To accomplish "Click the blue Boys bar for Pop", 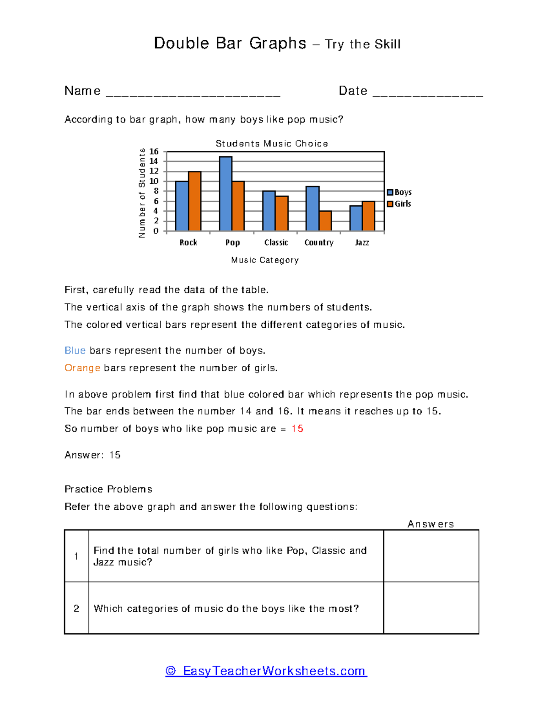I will point(226,194).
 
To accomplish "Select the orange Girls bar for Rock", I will point(194,202).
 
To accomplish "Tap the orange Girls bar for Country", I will point(325,221).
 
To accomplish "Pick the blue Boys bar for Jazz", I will point(355,219).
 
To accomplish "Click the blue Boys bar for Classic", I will point(269,211).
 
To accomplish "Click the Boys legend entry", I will point(399,192).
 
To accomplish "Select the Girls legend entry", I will point(399,204).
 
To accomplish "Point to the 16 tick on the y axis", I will point(154,151).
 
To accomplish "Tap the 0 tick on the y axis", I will point(156,231).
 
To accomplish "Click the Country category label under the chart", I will point(319,243).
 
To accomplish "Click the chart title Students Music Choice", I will point(272,144).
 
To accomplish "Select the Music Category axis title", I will point(265,260).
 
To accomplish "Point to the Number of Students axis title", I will point(142,193).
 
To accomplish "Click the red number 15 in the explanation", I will point(297,429).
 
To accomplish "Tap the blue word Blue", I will point(75,351).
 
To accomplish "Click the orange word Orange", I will point(82,368).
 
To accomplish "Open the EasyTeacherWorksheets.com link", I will point(266,671).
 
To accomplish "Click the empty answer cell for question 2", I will point(431,608).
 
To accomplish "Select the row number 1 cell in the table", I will point(76,556).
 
